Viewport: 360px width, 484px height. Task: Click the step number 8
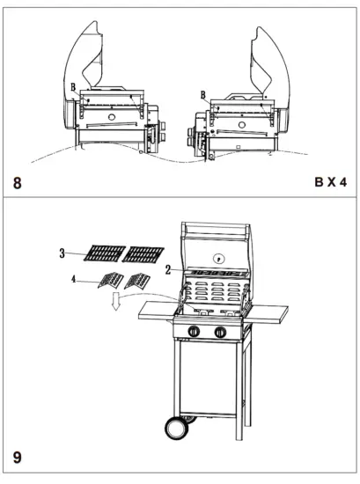(17, 185)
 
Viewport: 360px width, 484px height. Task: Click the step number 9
(17, 458)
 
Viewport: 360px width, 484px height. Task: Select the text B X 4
(330, 184)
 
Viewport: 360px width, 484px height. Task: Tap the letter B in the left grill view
(73, 86)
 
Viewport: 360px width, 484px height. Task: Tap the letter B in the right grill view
(203, 94)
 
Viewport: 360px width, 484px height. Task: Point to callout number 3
(62, 253)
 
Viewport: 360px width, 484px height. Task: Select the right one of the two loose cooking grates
(143, 255)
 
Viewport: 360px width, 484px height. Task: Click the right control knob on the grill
(219, 332)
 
